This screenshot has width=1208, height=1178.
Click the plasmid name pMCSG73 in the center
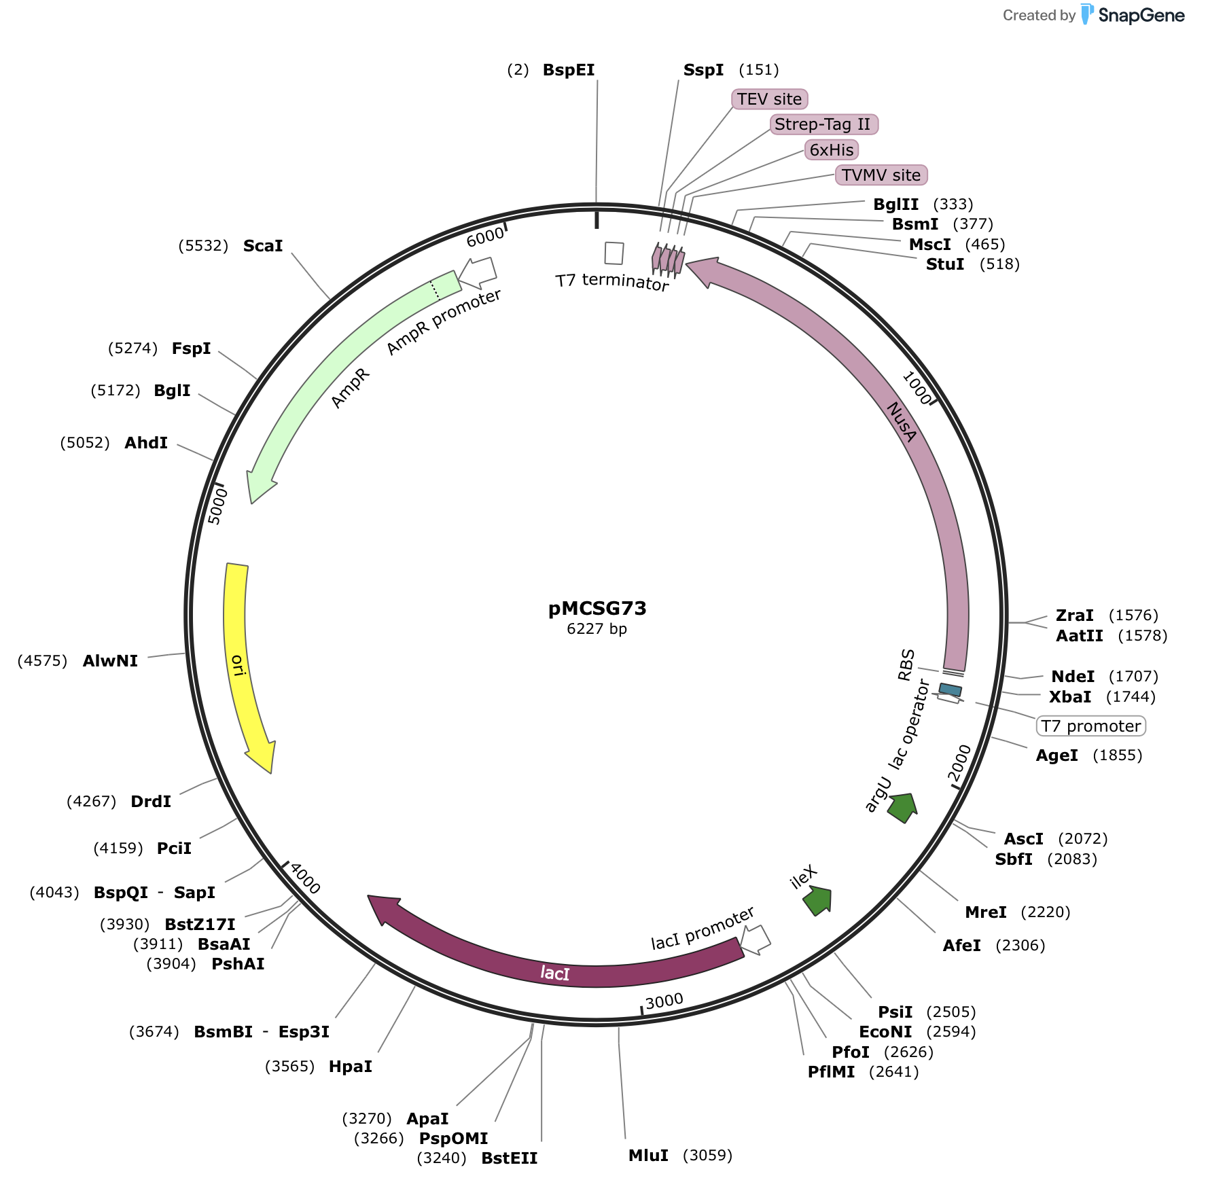pos(597,608)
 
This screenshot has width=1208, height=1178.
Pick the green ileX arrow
pos(818,901)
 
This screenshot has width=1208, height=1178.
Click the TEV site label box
pos(769,99)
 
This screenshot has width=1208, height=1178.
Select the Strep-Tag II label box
pos(823,124)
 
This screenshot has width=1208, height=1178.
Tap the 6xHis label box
pos(832,149)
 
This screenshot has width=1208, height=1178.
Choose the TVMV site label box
pos(881,175)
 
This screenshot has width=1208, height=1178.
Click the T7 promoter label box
pos(1090,726)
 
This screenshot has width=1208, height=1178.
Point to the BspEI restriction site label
pos(569,70)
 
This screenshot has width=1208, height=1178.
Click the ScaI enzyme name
pos(263,246)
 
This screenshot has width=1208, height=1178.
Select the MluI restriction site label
pos(648,1156)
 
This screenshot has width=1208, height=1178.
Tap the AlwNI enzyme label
pos(110,661)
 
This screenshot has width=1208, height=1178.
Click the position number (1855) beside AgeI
pos(1117,755)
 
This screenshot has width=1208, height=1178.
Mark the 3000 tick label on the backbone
pos(664,1001)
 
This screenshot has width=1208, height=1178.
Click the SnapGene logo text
pos(1141,16)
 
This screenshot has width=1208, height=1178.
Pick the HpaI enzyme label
pos(350,1067)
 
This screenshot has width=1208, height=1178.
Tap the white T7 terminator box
pos(614,253)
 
